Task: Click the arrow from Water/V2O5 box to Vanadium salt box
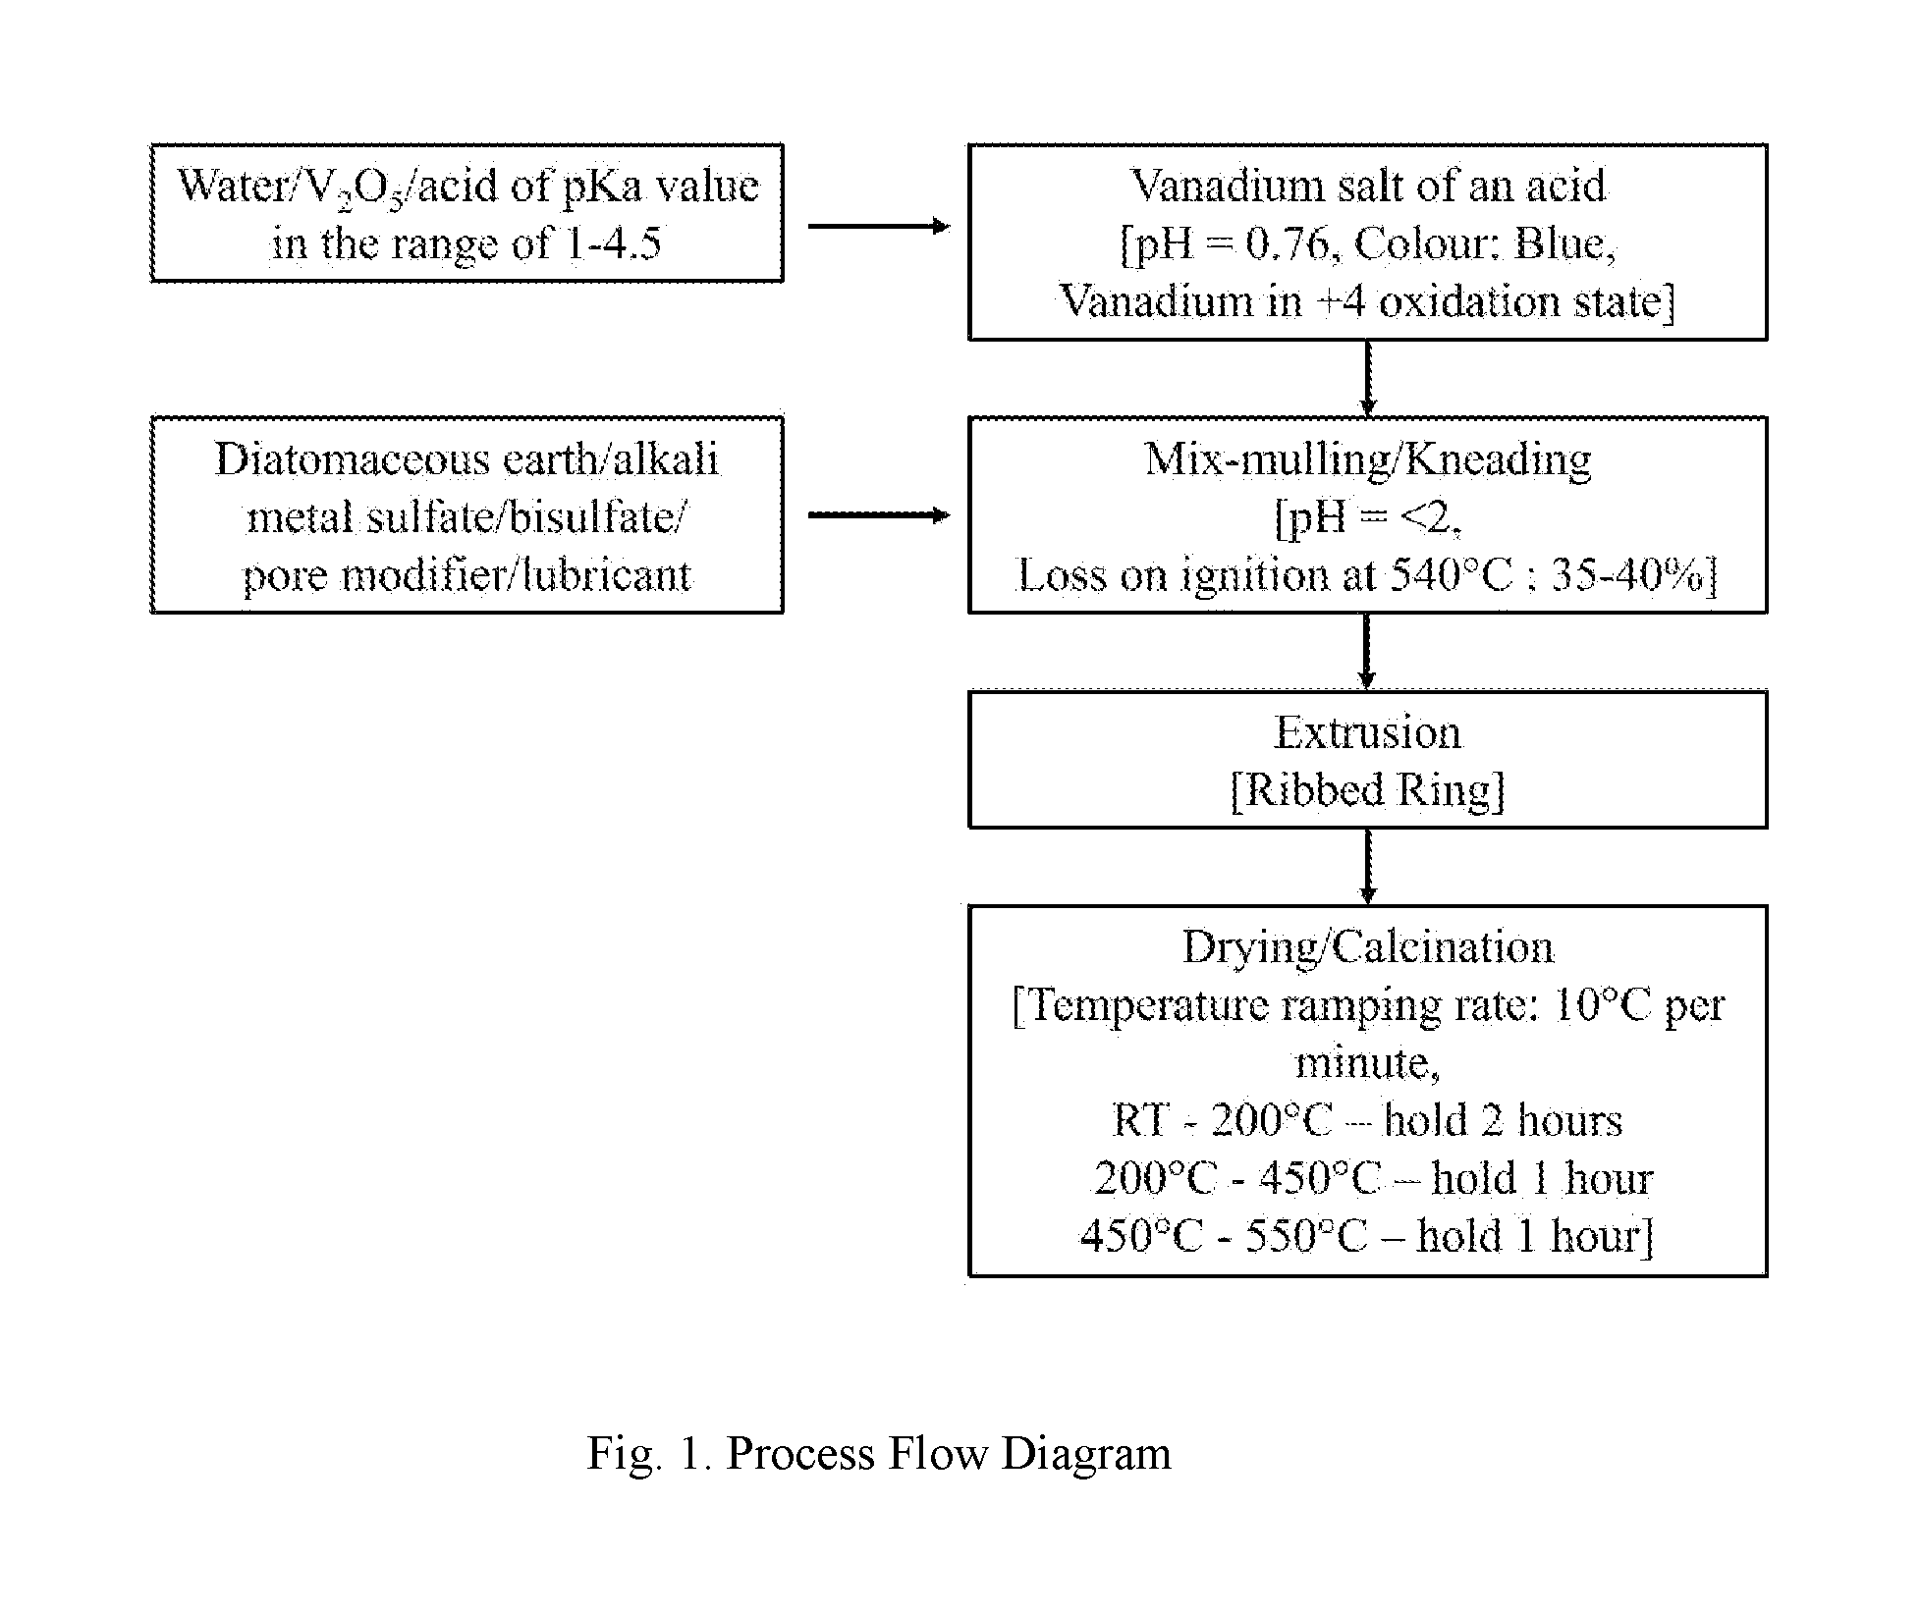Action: pyautogui.click(x=879, y=227)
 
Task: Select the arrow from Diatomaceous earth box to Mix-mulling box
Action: pyautogui.click(x=879, y=515)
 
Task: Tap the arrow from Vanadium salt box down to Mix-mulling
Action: pyautogui.click(x=1367, y=378)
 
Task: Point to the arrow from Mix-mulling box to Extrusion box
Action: pyautogui.click(x=1367, y=652)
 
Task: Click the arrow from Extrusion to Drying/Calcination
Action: pyautogui.click(x=1367, y=866)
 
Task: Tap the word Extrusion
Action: pyautogui.click(x=1368, y=732)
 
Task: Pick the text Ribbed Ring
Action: pyautogui.click(x=1367, y=790)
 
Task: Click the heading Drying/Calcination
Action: pyautogui.click(x=1368, y=948)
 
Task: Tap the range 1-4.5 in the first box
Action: pyautogui.click(x=614, y=243)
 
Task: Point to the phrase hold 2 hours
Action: pyautogui.click(x=1503, y=1120)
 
